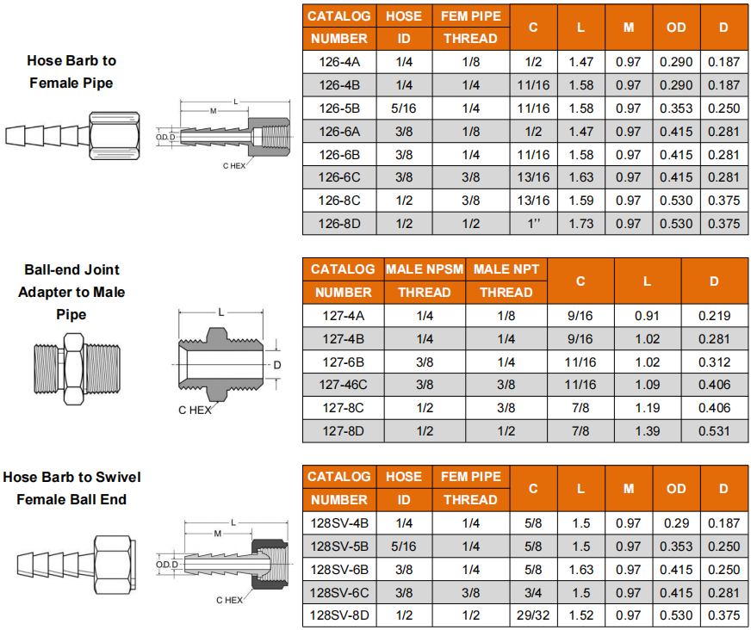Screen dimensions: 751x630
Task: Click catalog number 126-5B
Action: click(x=339, y=108)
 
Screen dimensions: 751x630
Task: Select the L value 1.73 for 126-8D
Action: click(x=581, y=224)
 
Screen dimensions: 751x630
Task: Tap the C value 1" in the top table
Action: click(x=533, y=224)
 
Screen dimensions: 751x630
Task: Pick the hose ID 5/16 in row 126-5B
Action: click(x=404, y=108)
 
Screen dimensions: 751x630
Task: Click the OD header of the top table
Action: click(x=676, y=28)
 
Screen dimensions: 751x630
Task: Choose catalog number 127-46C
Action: click(x=343, y=385)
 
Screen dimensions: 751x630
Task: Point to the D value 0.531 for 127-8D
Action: click(x=714, y=431)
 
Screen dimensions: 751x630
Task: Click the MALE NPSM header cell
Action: click(x=425, y=269)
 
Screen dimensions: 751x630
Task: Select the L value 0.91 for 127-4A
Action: click(x=647, y=316)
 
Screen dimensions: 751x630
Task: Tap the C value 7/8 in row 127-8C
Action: click(x=580, y=408)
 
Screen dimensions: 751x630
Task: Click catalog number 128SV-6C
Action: click(x=339, y=593)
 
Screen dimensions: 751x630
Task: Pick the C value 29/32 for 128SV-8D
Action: click(x=533, y=615)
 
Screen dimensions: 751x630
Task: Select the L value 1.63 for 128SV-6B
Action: click(x=581, y=570)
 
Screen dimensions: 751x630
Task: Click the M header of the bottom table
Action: click(x=629, y=488)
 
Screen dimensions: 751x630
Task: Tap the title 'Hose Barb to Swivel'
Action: click(x=71, y=478)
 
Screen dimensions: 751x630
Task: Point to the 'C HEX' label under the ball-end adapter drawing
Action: click(x=195, y=411)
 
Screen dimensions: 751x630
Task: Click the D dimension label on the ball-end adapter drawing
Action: click(x=276, y=365)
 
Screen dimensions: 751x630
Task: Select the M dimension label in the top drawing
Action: click(x=214, y=111)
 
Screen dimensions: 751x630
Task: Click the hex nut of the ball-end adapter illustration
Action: click(x=73, y=369)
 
